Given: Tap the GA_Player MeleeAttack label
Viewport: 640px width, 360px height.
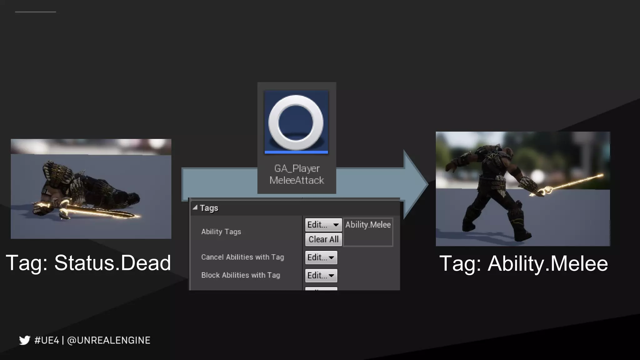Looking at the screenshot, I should tap(297, 174).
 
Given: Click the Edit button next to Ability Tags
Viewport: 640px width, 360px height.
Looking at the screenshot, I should tap(323, 225).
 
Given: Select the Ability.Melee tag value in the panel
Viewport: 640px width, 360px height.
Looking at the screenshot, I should tap(368, 225).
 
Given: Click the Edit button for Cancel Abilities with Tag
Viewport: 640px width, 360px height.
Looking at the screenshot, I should tap(321, 257).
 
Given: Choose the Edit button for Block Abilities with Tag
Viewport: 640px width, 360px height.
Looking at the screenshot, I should tap(321, 276).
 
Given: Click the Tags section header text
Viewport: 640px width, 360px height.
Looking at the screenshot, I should tap(209, 208).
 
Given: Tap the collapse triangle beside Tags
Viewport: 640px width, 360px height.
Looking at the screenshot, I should tap(195, 207).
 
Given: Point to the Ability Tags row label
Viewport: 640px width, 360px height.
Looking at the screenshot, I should tap(221, 232).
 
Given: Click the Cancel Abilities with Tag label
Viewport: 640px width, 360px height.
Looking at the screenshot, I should tap(242, 257).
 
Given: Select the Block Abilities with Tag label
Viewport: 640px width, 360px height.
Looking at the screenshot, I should tap(241, 275).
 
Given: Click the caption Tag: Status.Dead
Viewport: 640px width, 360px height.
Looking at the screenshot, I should tap(88, 262).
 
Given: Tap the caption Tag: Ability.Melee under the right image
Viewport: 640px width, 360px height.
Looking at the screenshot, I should tap(523, 263).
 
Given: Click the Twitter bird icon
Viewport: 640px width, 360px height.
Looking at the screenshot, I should tap(24, 340).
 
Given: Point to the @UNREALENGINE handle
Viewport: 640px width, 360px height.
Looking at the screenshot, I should tap(109, 340).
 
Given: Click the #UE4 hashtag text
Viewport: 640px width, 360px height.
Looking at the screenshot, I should tap(47, 340).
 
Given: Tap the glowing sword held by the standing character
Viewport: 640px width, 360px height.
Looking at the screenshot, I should tap(572, 184).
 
